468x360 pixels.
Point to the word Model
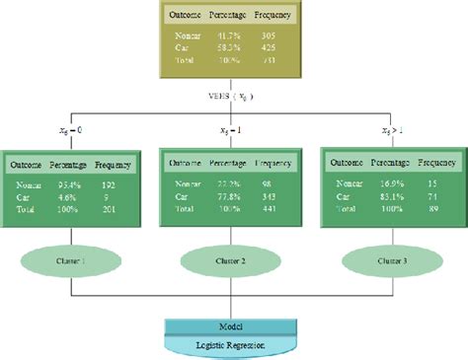coord(234,326)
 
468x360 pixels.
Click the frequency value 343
coord(270,195)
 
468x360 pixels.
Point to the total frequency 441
coord(270,207)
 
